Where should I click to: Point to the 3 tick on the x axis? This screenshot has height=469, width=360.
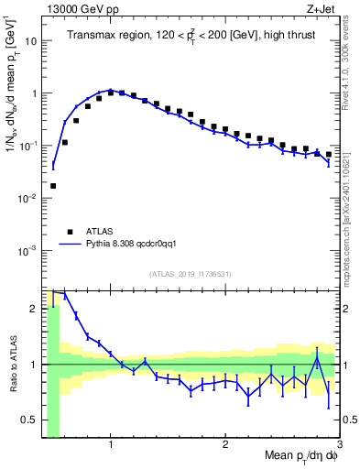click(339, 445)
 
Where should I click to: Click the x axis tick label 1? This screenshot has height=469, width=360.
click(111, 445)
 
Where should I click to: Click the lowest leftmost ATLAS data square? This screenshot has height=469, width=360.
click(53, 186)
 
